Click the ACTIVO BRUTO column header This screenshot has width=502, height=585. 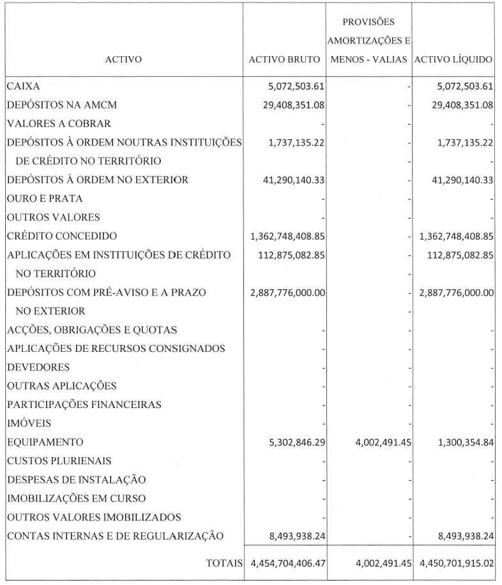(284, 60)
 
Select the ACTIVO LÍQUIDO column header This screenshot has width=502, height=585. (454, 60)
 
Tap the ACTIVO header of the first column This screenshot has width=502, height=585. (125, 60)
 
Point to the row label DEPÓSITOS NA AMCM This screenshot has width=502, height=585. (53, 105)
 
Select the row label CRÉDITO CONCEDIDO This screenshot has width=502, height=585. (62, 236)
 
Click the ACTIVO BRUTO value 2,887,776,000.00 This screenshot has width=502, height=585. (285, 292)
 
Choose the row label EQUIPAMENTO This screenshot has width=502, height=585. (45, 442)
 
